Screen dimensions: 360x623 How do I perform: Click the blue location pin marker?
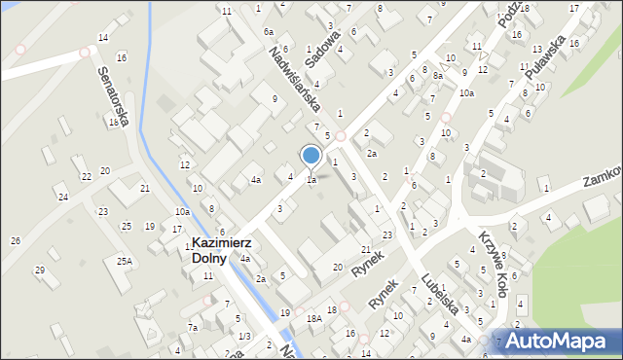311,157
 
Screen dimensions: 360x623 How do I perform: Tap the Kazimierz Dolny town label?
223,251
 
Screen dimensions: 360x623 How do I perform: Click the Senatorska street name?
113,95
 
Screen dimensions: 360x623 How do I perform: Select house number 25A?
125,261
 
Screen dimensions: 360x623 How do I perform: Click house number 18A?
313,318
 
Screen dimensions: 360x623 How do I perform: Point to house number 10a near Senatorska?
182,211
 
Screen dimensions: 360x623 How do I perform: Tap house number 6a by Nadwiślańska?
268,32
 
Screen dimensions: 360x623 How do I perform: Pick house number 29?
40,270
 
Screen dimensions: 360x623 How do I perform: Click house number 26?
15,240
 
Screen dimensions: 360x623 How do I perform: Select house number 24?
63,198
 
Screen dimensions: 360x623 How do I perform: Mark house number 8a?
438,76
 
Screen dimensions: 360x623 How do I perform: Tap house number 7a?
193,328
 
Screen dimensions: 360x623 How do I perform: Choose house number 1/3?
243,336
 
